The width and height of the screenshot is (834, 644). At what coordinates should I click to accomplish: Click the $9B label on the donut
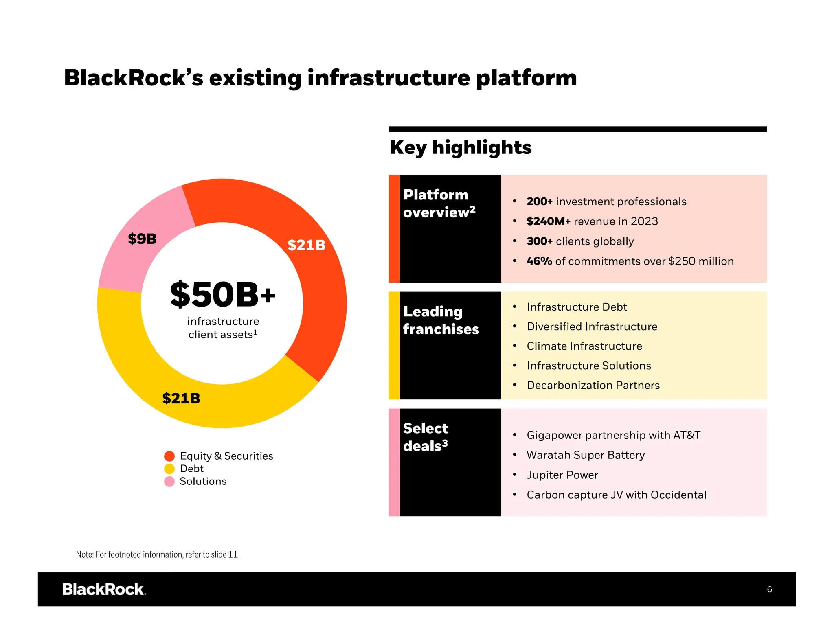[142, 239]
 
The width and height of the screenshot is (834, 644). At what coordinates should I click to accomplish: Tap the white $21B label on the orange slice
[306, 245]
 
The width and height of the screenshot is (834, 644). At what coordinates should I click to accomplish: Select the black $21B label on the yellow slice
[181, 398]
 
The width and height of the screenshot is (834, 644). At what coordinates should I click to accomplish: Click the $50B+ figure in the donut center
[223, 295]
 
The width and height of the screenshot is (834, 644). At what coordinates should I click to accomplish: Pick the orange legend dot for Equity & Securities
[169, 456]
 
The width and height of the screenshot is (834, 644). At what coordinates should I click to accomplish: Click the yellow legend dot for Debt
[169, 469]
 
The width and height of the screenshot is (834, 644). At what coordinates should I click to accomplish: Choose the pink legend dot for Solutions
[169, 482]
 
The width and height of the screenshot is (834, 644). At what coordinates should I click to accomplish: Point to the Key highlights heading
[461, 147]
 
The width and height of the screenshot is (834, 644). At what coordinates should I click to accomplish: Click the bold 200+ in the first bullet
[539, 202]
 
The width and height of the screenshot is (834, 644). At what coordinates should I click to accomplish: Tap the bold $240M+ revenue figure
[548, 221]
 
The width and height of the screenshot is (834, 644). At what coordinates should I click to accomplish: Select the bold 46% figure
[539, 261]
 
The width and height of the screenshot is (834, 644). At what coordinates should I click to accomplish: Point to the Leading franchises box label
[441, 320]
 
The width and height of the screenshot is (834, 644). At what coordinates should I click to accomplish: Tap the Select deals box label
[426, 437]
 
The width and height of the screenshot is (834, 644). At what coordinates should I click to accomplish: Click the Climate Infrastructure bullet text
[584, 346]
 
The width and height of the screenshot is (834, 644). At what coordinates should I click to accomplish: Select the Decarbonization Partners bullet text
[593, 385]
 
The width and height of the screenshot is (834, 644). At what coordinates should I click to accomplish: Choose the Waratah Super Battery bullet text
[585, 455]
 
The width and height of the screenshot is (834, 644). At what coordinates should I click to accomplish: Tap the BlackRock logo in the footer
[104, 589]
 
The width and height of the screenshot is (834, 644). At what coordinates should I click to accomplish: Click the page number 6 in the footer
[769, 589]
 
